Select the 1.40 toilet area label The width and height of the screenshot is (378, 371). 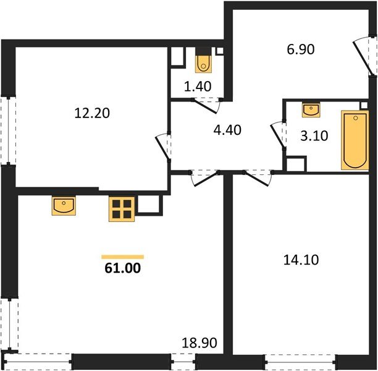(199, 86)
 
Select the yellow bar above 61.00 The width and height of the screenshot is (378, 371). (122, 256)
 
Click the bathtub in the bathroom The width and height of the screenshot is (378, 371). (355, 140)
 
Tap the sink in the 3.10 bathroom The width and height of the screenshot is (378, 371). (311, 110)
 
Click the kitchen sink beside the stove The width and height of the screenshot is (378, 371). (64, 205)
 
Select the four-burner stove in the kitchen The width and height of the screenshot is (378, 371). (122, 209)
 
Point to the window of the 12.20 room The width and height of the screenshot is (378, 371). (7, 130)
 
